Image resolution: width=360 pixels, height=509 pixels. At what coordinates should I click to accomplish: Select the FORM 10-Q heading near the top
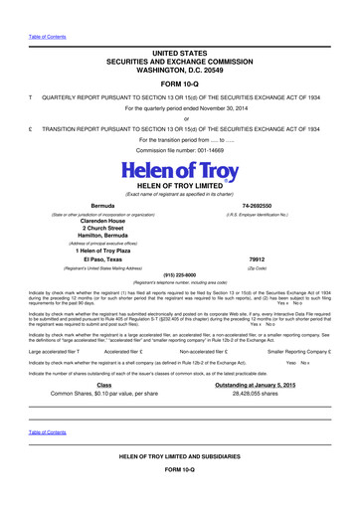pyautogui.click(x=179, y=84)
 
